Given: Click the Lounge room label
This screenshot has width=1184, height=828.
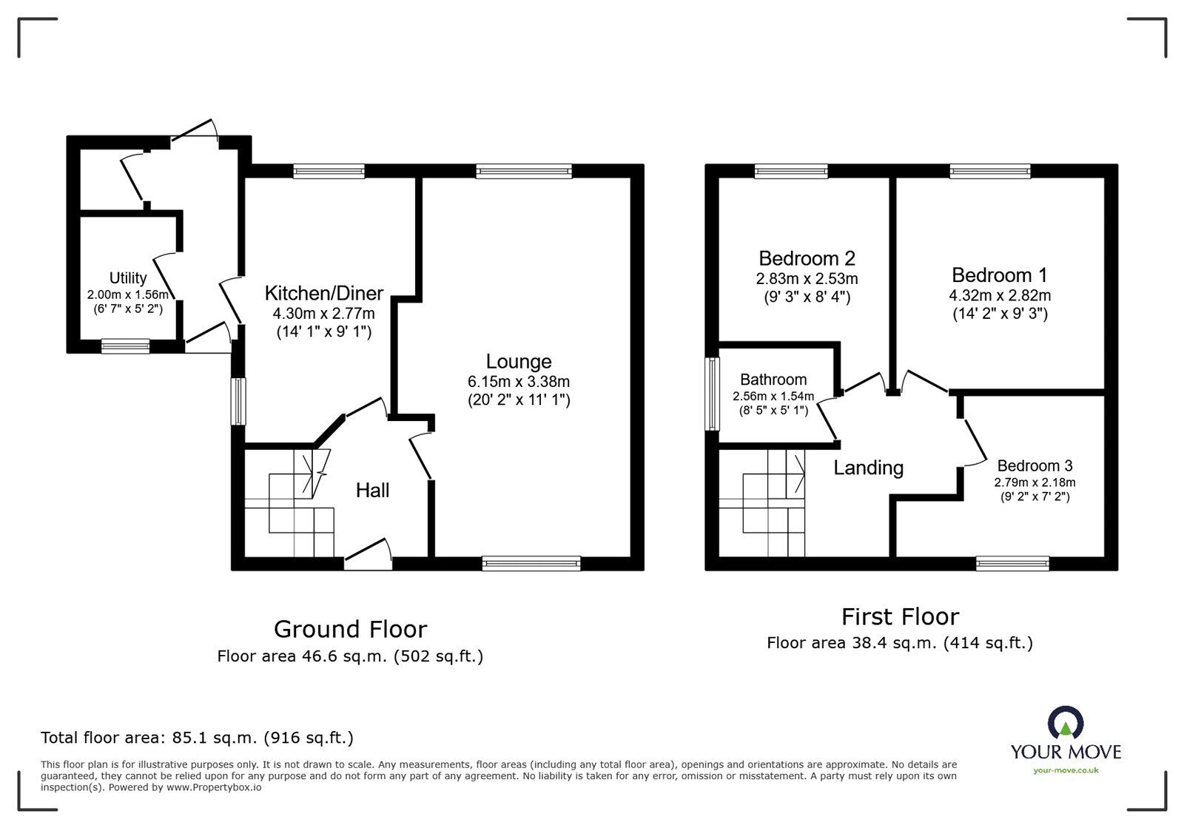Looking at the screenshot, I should coord(518,362).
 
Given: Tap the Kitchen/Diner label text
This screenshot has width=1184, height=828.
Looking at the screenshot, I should coord(323,293).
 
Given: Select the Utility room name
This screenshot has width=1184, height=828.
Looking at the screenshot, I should coord(128,278).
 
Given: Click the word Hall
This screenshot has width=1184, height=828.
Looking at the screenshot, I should coord(372,490).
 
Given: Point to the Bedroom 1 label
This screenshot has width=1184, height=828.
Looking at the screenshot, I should coord(999,275).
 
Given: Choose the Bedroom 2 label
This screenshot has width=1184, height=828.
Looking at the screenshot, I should coord(807,258).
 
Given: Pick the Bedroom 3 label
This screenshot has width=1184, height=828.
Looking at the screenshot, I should coord(1035,465).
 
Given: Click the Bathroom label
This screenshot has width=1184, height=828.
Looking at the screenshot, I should coord(773,380).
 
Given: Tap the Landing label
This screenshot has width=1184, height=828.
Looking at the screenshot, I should coord(868,468).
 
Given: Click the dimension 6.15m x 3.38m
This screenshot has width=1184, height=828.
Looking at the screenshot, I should coord(518,382).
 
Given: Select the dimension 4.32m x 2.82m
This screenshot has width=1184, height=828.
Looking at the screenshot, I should coord(1000,295).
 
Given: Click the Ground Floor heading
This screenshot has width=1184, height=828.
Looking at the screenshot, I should coord(350,629).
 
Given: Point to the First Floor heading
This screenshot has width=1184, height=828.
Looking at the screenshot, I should coord(900,616).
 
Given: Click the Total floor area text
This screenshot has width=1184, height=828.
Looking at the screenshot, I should coord(197,738).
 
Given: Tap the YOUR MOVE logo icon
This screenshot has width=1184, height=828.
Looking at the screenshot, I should coord(1066,723).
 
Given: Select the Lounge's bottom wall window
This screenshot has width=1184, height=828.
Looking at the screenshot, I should coord(531,564).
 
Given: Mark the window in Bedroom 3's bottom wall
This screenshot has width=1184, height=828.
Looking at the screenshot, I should coord(1012,564).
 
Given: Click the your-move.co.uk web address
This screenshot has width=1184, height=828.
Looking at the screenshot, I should coord(1066,770).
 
